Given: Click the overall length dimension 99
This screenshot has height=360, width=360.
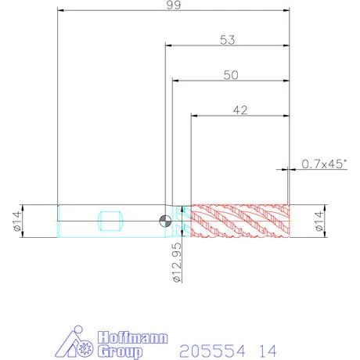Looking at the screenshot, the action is pyautogui.click(x=174, y=5).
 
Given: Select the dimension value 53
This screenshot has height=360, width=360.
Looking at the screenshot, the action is pyautogui.click(x=228, y=40).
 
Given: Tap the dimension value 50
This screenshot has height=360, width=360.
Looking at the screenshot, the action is pyautogui.click(x=231, y=75).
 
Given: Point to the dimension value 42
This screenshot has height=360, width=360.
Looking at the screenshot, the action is pyautogui.click(x=240, y=110).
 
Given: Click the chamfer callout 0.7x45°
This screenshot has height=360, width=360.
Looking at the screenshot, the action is pyautogui.click(x=324, y=164).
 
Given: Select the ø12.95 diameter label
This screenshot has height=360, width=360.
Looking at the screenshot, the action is pyautogui.click(x=177, y=262).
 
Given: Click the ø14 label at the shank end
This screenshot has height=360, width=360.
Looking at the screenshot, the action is pyautogui.click(x=17, y=221).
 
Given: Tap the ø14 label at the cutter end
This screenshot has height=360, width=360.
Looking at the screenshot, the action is pyautogui.click(x=319, y=221).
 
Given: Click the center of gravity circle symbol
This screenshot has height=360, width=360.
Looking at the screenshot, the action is pyautogui.click(x=165, y=221).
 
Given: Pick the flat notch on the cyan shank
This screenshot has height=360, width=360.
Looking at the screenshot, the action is pyautogui.click(x=110, y=221).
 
